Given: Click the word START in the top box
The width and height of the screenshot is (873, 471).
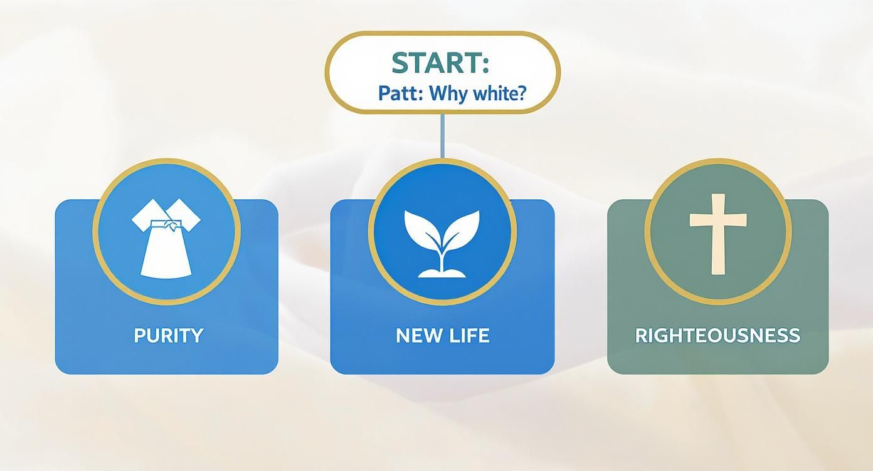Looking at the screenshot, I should [x=435, y=63].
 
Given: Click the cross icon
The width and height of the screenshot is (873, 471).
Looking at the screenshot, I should [x=717, y=233].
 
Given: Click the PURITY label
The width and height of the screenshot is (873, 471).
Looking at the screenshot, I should [x=168, y=335].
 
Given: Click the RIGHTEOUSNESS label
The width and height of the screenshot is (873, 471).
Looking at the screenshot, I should [x=717, y=335].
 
